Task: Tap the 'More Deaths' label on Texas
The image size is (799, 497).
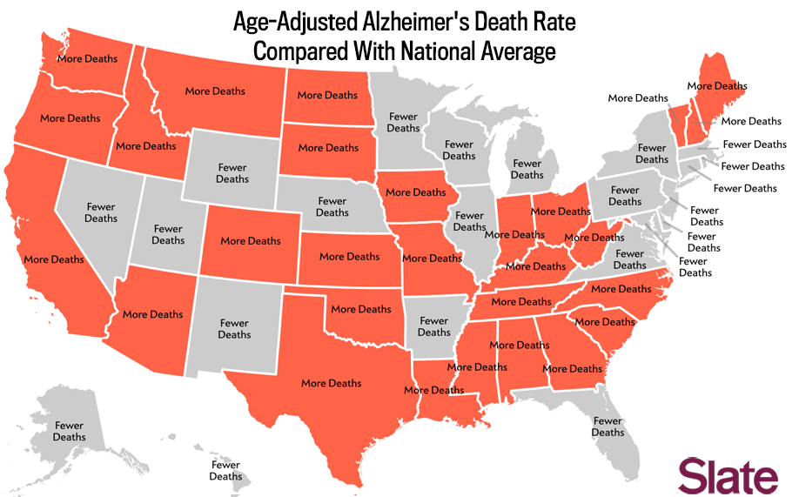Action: click(x=331, y=383)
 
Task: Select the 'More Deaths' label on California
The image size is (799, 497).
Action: click(x=54, y=259)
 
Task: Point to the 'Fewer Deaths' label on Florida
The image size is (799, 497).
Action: click(x=608, y=426)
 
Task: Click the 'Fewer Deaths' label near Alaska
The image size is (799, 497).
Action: click(x=69, y=431)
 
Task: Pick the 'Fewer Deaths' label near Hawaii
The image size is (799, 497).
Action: click(x=225, y=471)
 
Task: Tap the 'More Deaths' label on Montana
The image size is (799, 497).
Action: click(x=215, y=91)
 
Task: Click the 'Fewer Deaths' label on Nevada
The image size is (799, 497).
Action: click(x=101, y=212)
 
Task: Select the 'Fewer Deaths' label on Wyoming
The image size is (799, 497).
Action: click(x=232, y=173)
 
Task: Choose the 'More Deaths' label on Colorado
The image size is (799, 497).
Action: click(x=251, y=241)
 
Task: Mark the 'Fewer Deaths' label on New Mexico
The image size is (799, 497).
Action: click(x=234, y=328)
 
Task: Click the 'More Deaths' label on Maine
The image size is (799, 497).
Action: click(x=717, y=86)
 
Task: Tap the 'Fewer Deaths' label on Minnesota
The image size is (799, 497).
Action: click(x=403, y=122)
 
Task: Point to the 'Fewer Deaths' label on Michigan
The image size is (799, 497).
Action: click(x=527, y=169)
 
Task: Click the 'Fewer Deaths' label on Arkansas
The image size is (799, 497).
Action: click(x=434, y=326)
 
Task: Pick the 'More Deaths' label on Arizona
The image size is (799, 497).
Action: click(x=153, y=314)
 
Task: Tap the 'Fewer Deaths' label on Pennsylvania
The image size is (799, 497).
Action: click(x=625, y=196)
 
